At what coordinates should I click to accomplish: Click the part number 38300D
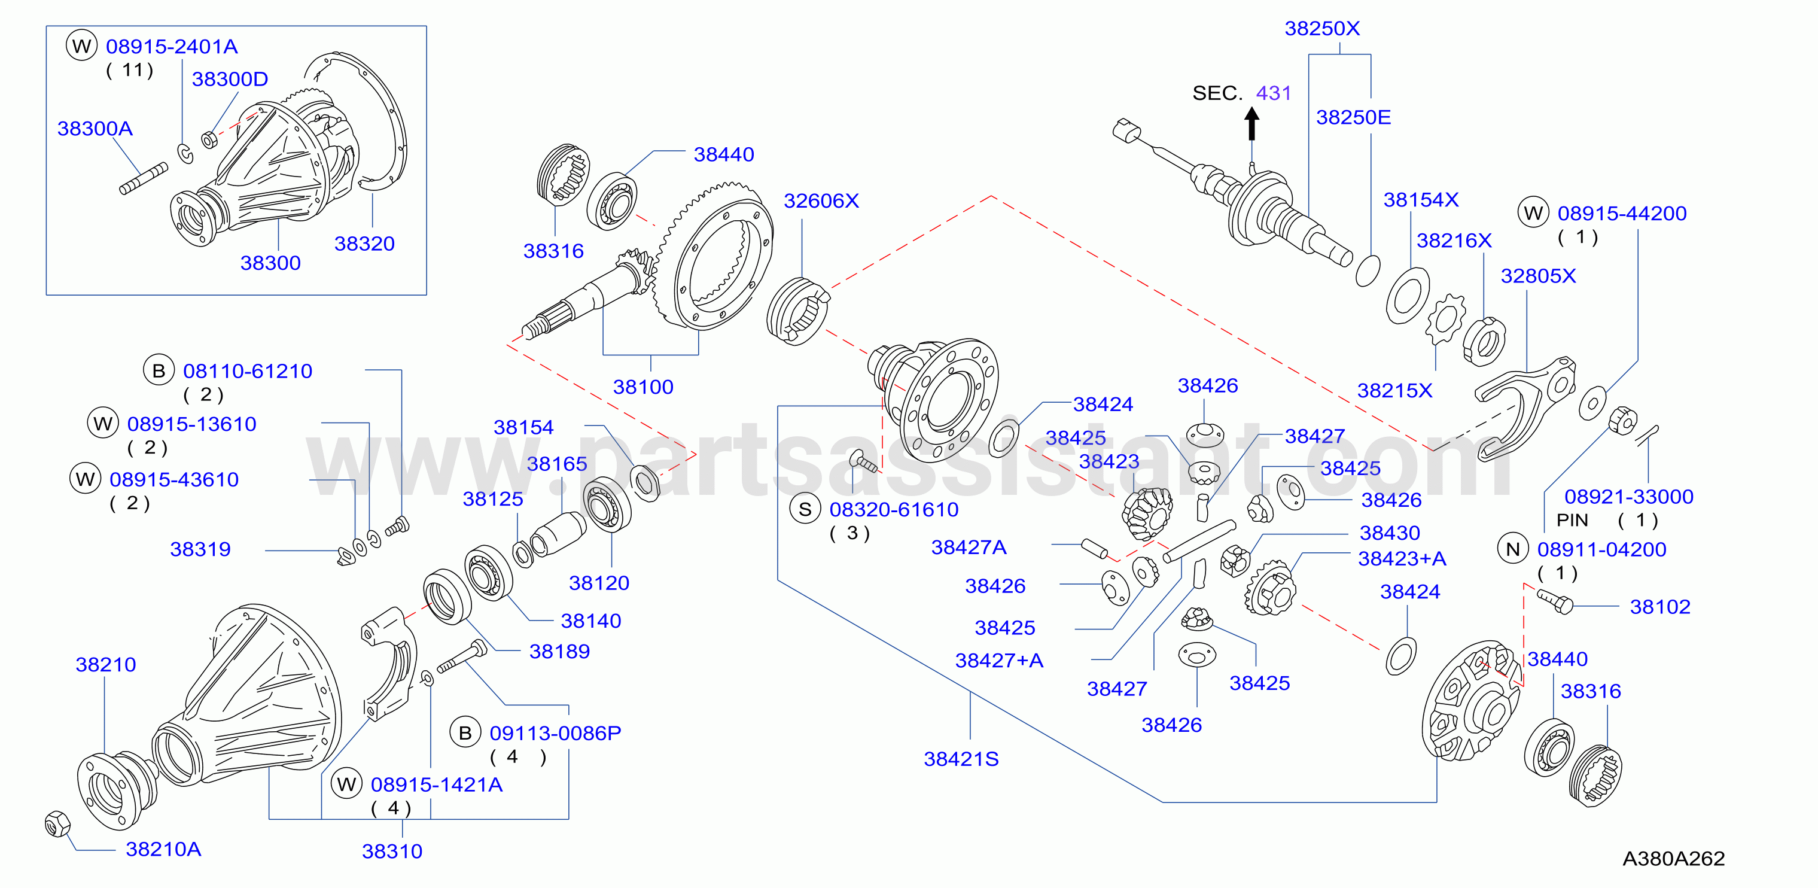[230, 79]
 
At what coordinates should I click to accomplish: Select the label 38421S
[961, 759]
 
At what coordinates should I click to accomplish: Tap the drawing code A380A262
[1673, 858]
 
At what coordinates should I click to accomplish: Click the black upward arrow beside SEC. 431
[1251, 123]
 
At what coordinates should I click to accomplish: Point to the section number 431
[1273, 93]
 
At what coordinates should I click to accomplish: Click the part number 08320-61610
[894, 510]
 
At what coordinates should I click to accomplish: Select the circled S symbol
[805, 509]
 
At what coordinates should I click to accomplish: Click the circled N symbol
[1512, 549]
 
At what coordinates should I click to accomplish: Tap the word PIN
[1572, 520]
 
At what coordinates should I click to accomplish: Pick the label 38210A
[163, 849]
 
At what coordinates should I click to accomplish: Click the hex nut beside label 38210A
[57, 824]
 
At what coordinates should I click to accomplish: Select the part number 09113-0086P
[555, 734]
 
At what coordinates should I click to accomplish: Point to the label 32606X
[821, 201]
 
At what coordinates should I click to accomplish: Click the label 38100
[643, 387]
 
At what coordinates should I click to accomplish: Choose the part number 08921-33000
[1629, 497]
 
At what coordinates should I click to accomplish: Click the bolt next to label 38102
[1555, 601]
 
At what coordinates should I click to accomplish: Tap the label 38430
[1390, 533]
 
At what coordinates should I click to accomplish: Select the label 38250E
[1354, 117]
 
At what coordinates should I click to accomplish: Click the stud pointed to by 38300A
[143, 178]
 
